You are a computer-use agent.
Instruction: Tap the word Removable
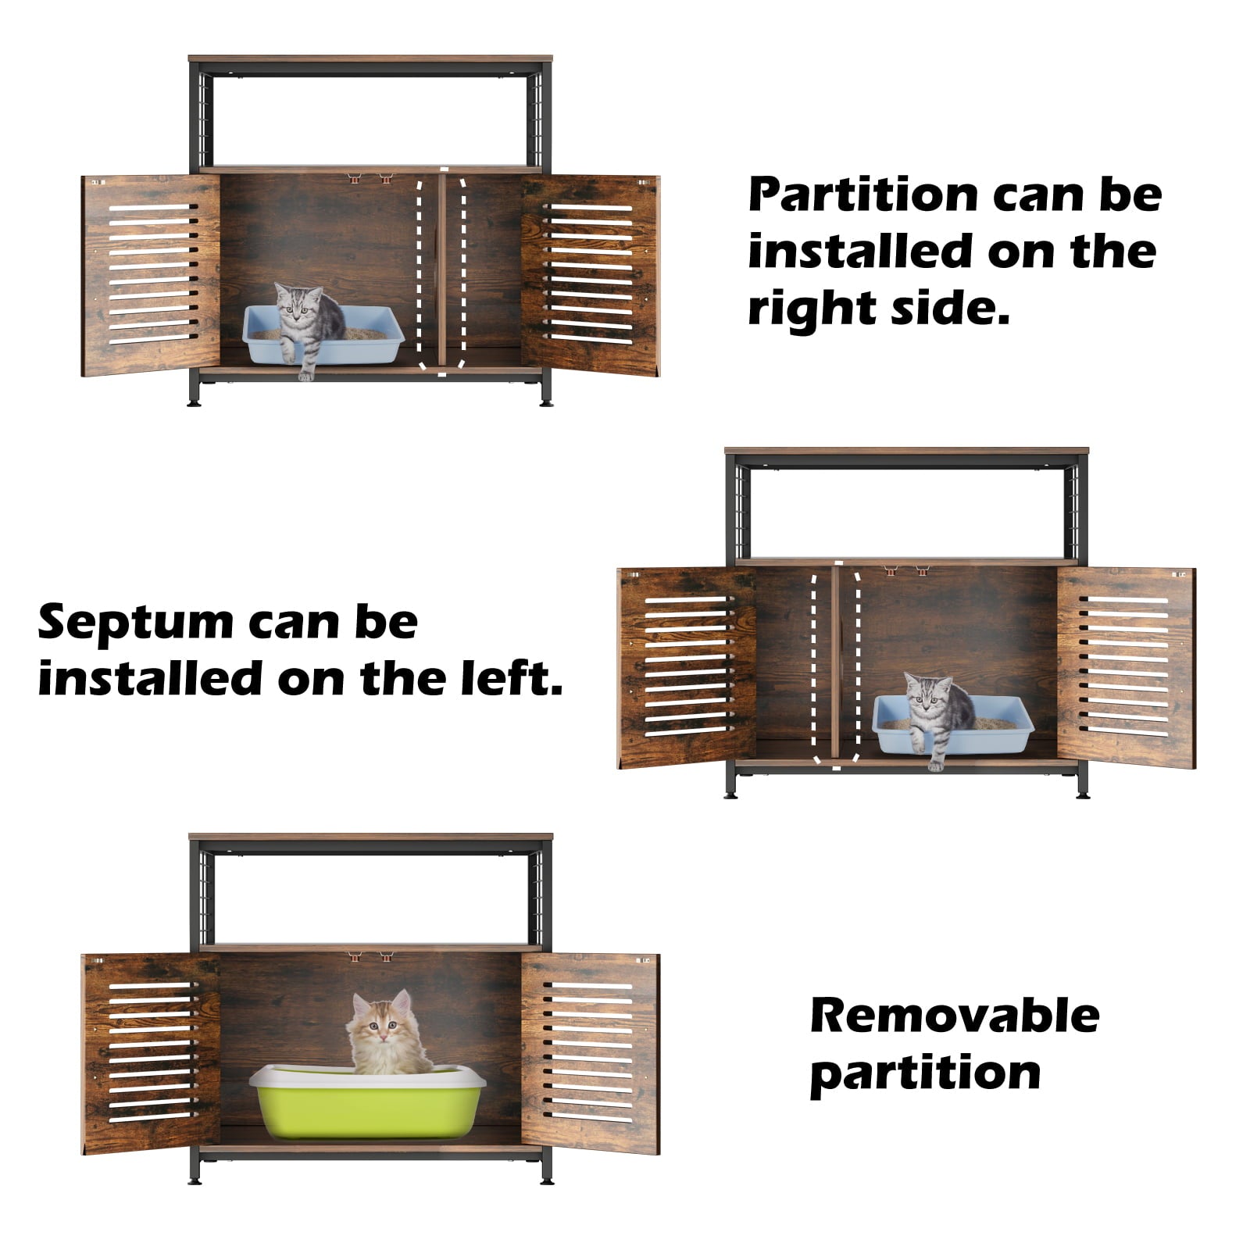tap(955, 1016)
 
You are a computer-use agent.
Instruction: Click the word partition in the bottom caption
tap(926, 1072)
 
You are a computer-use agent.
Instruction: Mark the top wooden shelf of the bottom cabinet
tap(370, 837)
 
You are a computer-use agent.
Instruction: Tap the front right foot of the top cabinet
tap(545, 398)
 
